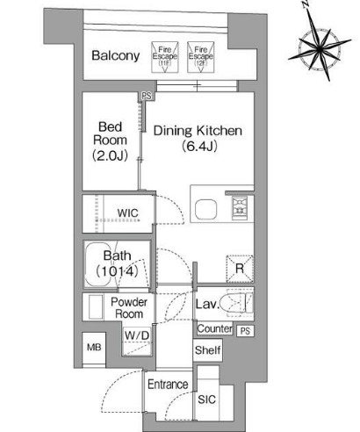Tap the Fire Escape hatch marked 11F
pos(163,55)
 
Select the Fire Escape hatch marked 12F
pos(199,55)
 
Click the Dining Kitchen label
pos(198,131)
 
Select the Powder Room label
pos(128,307)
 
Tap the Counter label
pos(214,329)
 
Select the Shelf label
pos(207,351)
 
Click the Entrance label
pos(167,385)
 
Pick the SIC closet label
pos(207,400)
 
